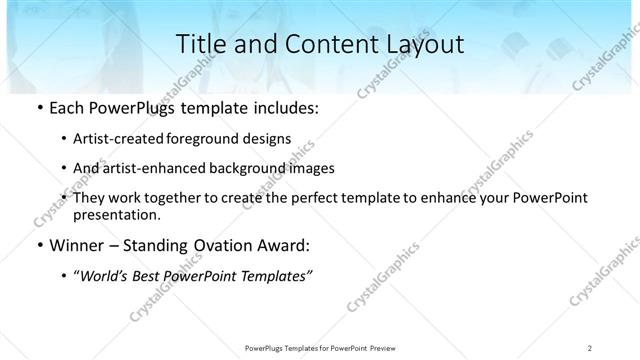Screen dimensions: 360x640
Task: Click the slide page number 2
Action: pyautogui.click(x=590, y=347)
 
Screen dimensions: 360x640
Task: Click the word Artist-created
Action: pyautogui.click(x=113, y=138)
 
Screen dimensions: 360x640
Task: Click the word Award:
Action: pyautogui.click(x=285, y=246)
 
